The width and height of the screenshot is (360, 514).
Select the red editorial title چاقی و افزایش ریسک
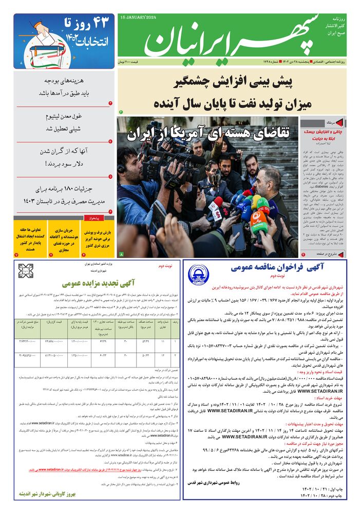[320, 135]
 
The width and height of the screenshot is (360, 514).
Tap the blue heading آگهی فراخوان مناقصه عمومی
[266, 268]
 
